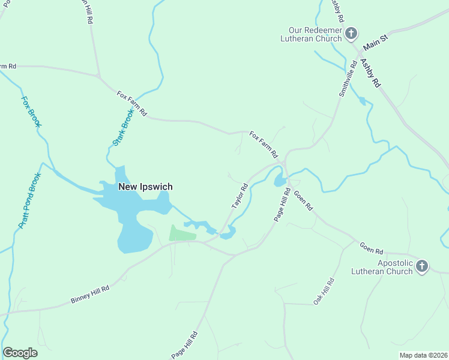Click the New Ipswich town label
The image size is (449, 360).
[145, 187]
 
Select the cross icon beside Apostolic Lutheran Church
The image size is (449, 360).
[423, 266]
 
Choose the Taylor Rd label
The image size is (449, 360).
[240, 196]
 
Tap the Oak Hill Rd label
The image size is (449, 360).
[324, 291]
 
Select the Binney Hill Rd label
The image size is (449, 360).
[89, 293]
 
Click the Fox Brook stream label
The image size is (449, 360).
[31, 112]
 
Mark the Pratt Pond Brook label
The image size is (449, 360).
[29, 200]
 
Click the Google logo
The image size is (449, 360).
[20, 353]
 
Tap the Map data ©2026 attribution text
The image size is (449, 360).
[423, 355]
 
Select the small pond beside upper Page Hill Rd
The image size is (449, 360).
[279, 180]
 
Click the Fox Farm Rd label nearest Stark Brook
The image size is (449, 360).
[132, 103]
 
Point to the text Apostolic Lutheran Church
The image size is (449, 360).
[395, 267]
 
